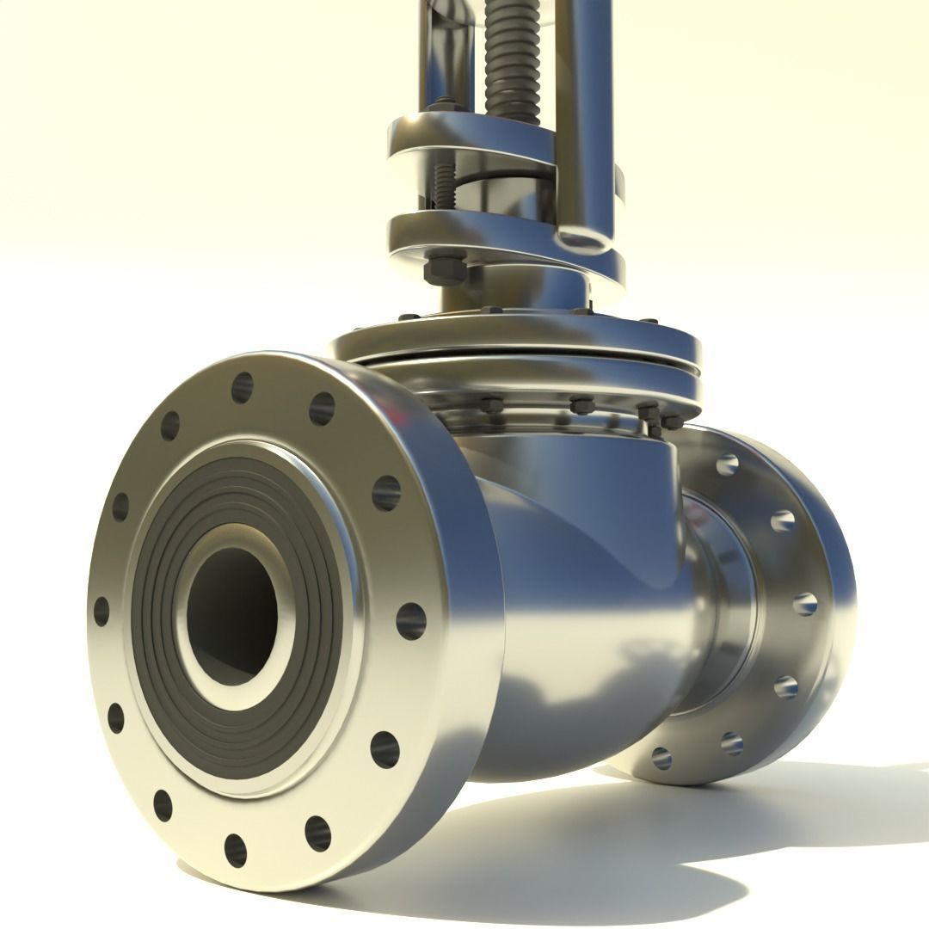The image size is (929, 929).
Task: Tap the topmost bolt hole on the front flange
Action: [x=243, y=389]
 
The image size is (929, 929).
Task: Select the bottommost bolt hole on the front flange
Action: [x=235, y=850]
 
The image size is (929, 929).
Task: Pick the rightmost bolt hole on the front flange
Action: [x=410, y=621]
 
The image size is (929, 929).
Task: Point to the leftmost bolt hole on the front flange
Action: [x=102, y=612]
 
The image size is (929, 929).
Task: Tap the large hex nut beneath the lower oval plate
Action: [x=445, y=267]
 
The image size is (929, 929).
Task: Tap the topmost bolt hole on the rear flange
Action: [x=727, y=465]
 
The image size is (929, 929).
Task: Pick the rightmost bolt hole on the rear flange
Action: [x=804, y=603]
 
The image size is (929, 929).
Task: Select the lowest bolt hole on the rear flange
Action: [x=661, y=758]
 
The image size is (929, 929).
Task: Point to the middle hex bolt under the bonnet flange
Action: [x=575, y=403]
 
